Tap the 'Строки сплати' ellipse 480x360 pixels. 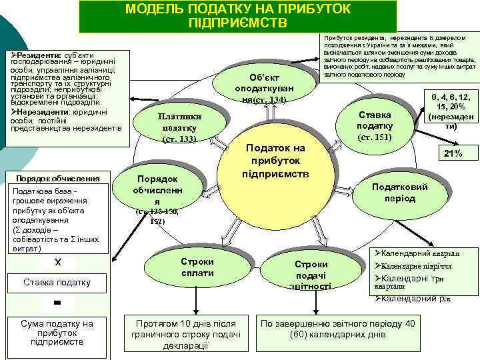click(197, 267)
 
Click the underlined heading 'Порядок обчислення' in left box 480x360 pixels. click(57, 178)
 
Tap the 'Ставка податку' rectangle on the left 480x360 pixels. click(57, 281)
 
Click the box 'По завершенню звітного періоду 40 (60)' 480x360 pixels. click(338, 329)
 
